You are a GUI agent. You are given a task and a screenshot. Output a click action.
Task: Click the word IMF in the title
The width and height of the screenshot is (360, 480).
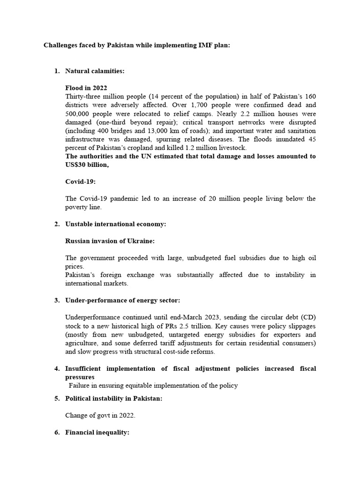[x=208, y=45]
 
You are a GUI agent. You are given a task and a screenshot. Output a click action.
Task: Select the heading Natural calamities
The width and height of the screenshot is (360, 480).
[x=95, y=71]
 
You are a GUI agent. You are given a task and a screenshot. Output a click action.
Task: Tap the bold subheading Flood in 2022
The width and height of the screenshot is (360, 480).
[x=86, y=88]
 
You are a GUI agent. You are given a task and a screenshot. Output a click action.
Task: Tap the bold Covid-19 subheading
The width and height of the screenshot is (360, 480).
[x=80, y=181]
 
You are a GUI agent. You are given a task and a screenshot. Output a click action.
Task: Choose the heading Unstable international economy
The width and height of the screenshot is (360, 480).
[x=115, y=224]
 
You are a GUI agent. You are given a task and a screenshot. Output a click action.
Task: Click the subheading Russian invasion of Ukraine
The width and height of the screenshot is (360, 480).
[x=110, y=241]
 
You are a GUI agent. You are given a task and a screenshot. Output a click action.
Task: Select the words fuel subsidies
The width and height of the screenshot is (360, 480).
[x=227, y=258]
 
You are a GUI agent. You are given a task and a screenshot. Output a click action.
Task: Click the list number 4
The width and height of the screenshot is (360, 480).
[x=57, y=368]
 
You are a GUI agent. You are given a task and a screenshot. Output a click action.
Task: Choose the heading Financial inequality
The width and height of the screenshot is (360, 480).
[x=97, y=433]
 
